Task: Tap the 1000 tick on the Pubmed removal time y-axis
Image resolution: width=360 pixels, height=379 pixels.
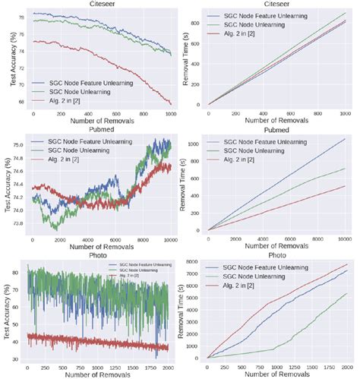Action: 194,143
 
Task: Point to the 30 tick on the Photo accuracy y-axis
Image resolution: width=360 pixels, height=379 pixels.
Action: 21,358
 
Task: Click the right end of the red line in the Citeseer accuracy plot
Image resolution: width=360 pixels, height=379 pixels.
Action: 171,105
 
